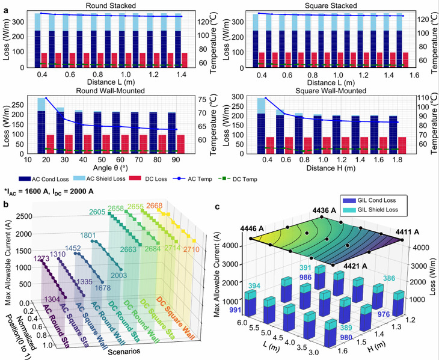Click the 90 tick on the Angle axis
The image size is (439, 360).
click(x=175, y=160)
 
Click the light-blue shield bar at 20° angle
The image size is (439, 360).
click(x=42, y=104)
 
